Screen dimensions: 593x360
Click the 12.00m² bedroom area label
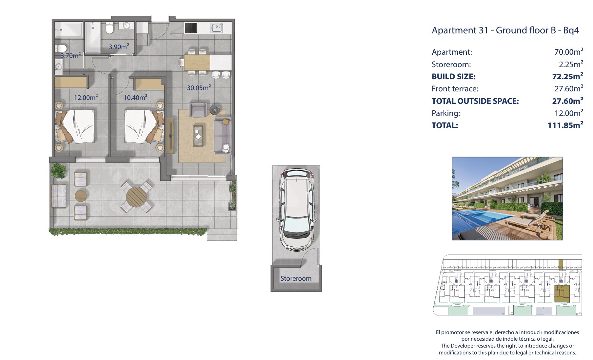pos(86,97)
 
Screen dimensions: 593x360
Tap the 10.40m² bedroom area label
pos(135,97)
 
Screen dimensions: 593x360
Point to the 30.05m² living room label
pos(199,87)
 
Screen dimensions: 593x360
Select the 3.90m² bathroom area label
pos(119,47)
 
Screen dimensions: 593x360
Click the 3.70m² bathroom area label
pos(70,55)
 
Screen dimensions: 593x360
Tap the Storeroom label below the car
pos(296,278)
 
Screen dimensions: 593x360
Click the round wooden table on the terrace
pos(136,197)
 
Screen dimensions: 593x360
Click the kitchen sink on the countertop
pos(217,28)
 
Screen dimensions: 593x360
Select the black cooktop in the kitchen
pos(191,28)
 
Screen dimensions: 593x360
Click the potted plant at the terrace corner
pos(59,171)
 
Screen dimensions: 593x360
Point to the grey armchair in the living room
pos(198,109)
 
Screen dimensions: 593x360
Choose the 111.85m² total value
pos(565,125)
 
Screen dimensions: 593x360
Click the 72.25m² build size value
pos(568,76)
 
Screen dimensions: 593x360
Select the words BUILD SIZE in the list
pos(453,77)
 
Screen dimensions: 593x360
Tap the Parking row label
pos(446,113)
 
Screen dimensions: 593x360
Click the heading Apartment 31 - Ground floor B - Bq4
pos(505,30)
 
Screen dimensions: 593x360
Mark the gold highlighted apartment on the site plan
pos(562,293)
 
